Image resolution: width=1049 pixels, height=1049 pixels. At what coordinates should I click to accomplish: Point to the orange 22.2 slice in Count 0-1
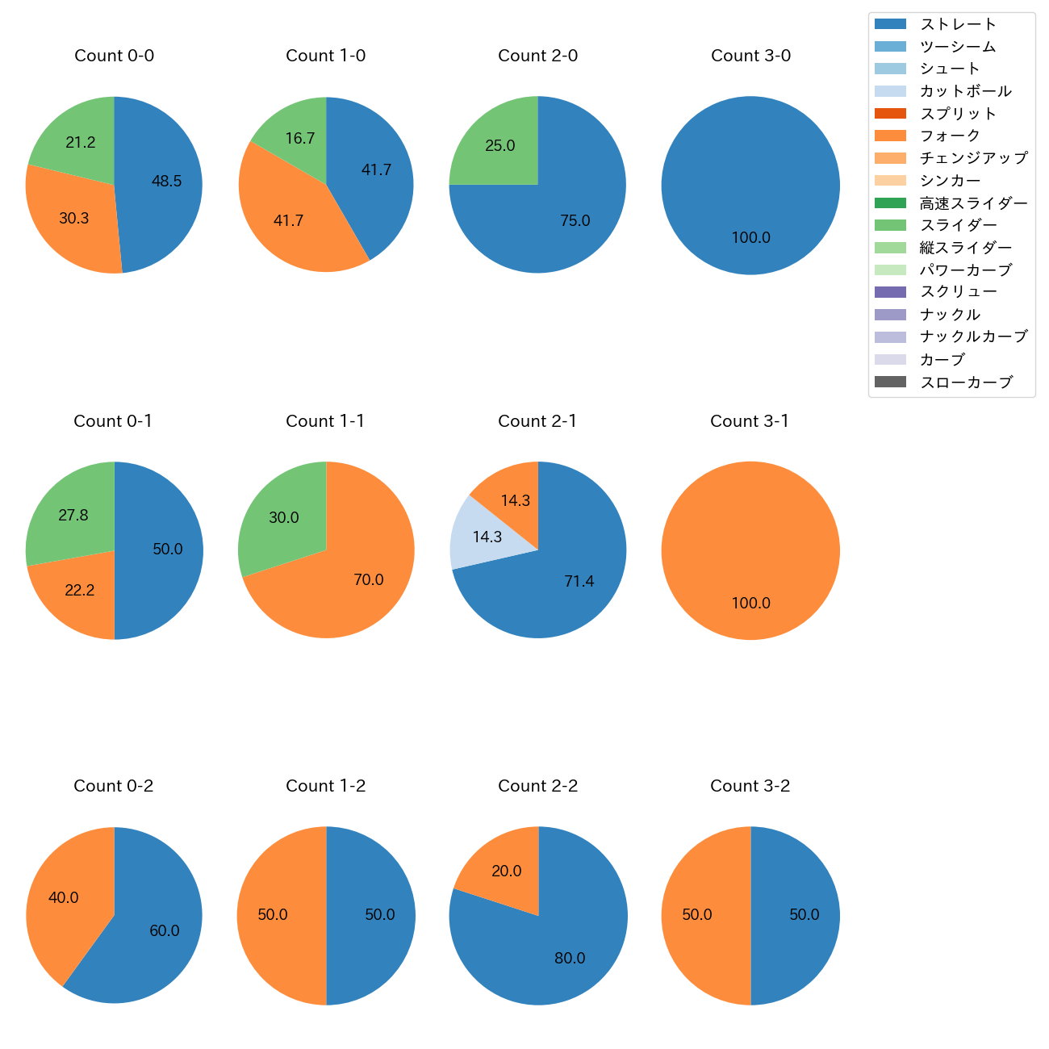coord(79,590)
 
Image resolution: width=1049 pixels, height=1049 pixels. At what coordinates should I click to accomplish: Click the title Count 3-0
coord(750,56)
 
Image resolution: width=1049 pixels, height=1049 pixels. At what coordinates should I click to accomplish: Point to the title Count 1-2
coord(326,786)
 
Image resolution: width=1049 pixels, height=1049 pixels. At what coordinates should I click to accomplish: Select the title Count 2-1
coord(537,421)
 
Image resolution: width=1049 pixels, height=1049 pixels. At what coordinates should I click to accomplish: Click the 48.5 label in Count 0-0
coord(167,182)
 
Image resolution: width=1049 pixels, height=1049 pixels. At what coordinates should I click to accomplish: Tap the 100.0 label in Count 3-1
coord(751,603)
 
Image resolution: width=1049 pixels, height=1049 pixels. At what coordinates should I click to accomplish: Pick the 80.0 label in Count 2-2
coord(570,959)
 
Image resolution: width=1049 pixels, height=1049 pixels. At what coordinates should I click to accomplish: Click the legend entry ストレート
coord(958,24)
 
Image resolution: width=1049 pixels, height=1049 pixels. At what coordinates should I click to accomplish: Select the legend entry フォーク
coord(950,136)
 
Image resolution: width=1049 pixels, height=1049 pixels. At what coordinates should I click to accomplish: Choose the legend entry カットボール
coord(965,91)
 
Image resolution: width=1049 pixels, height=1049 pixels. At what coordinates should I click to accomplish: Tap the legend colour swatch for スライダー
coord(890,225)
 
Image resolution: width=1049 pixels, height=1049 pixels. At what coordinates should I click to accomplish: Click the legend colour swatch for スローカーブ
coord(890,382)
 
